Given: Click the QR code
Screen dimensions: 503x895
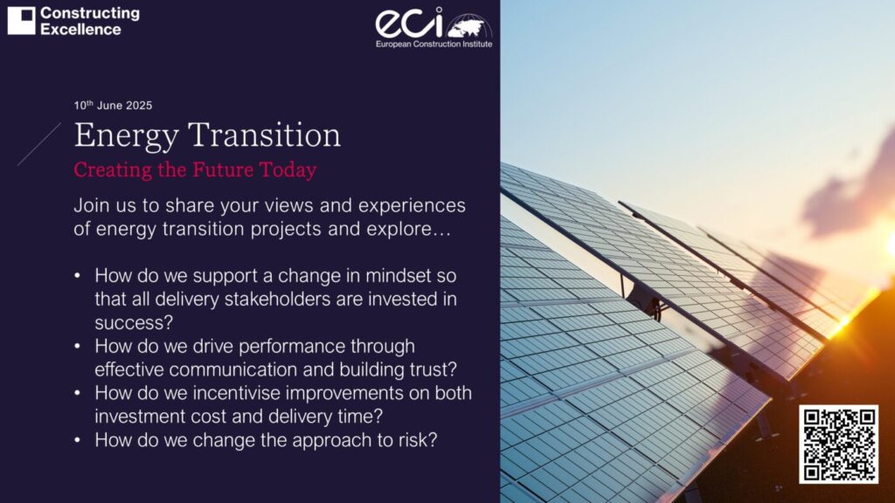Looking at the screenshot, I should pyautogui.click(x=838, y=444).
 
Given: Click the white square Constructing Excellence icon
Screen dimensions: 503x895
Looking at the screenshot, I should pyautogui.click(x=21, y=21).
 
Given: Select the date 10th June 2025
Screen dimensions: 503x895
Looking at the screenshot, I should pyautogui.click(x=113, y=106).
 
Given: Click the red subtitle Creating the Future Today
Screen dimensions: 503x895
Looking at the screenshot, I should pyautogui.click(x=195, y=169).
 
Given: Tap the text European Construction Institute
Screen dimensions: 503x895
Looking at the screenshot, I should pyautogui.click(x=434, y=43).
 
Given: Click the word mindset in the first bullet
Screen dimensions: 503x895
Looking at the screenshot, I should pyautogui.click(x=388, y=276).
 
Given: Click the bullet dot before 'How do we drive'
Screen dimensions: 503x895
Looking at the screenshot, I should pyautogui.click(x=79, y=346).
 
